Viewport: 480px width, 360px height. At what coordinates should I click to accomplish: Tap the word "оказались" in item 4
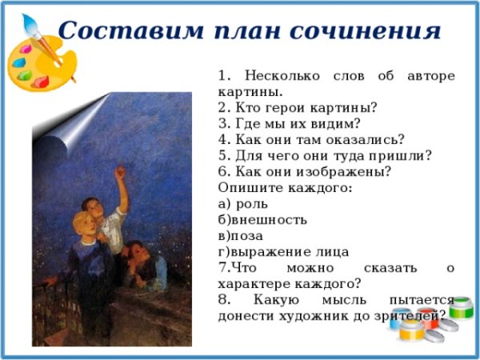pos(364,138)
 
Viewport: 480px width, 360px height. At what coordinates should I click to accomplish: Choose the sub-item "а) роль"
pos(237,202)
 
